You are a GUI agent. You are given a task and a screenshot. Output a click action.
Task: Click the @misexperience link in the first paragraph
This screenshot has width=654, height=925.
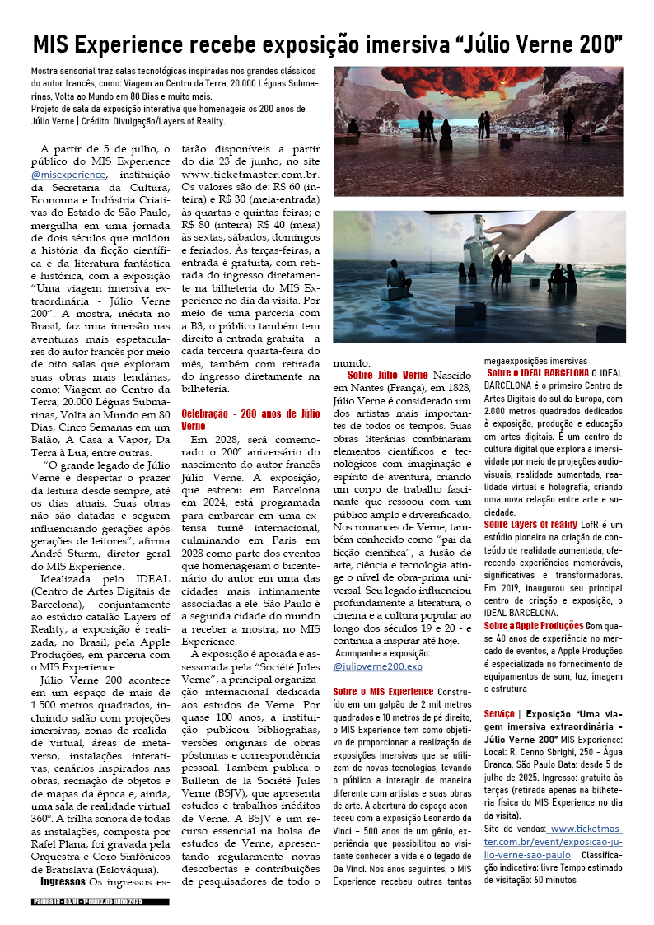pos(68,174)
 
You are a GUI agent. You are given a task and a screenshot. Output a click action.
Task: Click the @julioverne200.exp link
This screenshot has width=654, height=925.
pos(377,666)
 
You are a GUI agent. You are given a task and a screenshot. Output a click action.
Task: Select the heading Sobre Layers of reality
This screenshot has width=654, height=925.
pos(530,524)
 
